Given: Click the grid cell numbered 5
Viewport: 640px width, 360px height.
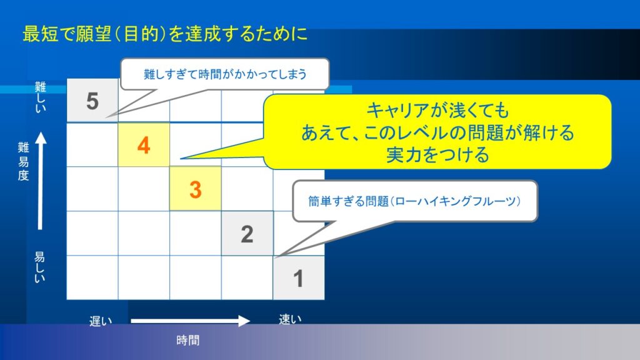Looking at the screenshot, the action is point(92,101).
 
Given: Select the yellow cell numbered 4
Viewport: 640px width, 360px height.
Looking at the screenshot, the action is point(144,145).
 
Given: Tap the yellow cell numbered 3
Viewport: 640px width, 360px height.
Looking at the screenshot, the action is point(196,189).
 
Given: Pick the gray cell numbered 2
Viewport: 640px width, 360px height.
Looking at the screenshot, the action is point(247,234).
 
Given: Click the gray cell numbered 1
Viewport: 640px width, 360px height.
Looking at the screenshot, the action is point(299,278).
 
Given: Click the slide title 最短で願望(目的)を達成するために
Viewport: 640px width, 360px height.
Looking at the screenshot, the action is point(165,34).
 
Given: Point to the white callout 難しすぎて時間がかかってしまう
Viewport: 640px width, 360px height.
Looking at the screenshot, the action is point(225,74).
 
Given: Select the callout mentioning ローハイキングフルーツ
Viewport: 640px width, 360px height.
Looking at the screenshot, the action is point(415,201).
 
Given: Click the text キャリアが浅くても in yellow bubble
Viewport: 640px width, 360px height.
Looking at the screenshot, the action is point(437,110).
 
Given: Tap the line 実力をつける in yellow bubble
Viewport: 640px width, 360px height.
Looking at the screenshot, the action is point(437,155).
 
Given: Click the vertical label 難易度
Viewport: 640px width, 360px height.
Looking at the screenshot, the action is point(23,161).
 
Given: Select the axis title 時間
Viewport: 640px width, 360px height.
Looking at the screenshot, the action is point(187,340).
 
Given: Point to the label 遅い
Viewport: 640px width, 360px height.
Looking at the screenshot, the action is point(101,321).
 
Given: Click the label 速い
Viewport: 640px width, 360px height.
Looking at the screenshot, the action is point(290,319).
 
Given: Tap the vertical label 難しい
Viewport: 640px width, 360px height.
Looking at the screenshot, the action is point(41,97).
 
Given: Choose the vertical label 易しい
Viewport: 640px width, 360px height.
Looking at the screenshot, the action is point(39,267).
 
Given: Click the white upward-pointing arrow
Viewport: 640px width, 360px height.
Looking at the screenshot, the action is point(41,181).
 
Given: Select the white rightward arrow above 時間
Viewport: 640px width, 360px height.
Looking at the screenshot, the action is point(190,321).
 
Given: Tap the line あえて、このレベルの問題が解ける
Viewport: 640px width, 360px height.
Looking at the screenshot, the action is point(437,132).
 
